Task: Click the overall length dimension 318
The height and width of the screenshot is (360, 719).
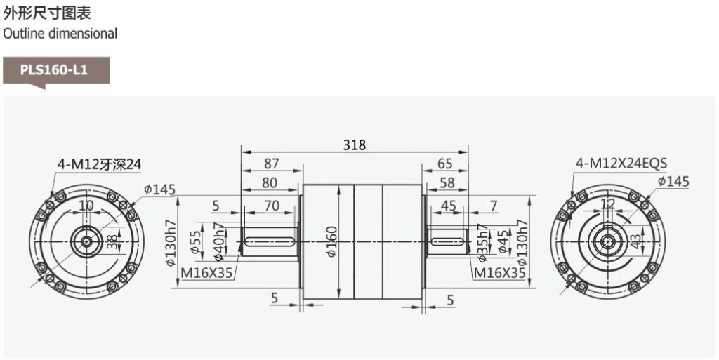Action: [355, 145]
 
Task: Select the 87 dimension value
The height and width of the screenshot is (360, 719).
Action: [272, 164]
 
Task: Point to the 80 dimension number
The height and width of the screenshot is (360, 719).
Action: [270, 182]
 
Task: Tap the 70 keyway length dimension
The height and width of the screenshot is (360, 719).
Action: [272, 206]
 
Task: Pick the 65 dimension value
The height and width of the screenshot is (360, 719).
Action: [444, 164]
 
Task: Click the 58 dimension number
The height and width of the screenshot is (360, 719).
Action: [447, 182]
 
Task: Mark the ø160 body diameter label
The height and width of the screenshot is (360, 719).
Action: [332, 241]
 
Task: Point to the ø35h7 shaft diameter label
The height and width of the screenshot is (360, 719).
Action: [482, 243]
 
